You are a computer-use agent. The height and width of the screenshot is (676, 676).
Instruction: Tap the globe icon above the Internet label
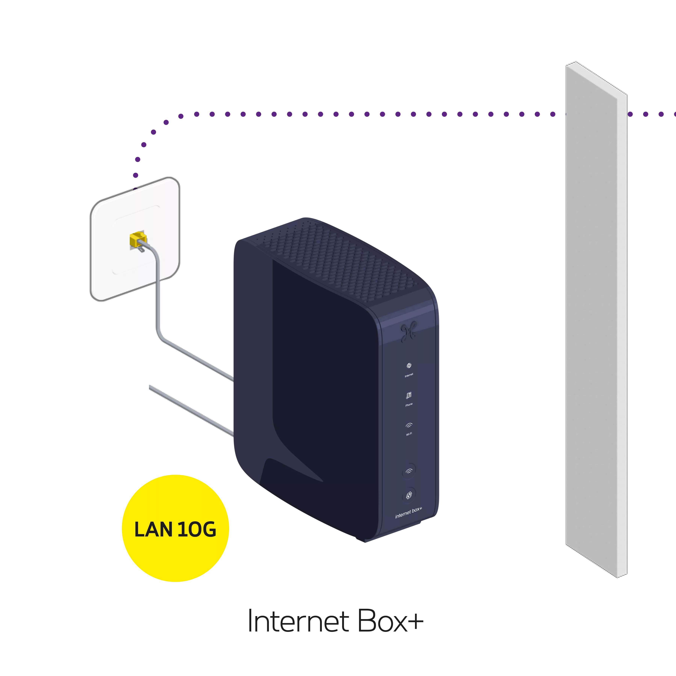point(409,366)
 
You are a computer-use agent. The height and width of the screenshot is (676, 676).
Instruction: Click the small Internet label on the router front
point(409,375)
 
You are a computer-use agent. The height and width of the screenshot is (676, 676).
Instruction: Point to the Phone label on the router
point(409,404)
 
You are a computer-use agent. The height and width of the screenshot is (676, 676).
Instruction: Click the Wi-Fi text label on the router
point(409,434)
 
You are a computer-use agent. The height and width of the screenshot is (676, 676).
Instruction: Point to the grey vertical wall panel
point(595,280)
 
